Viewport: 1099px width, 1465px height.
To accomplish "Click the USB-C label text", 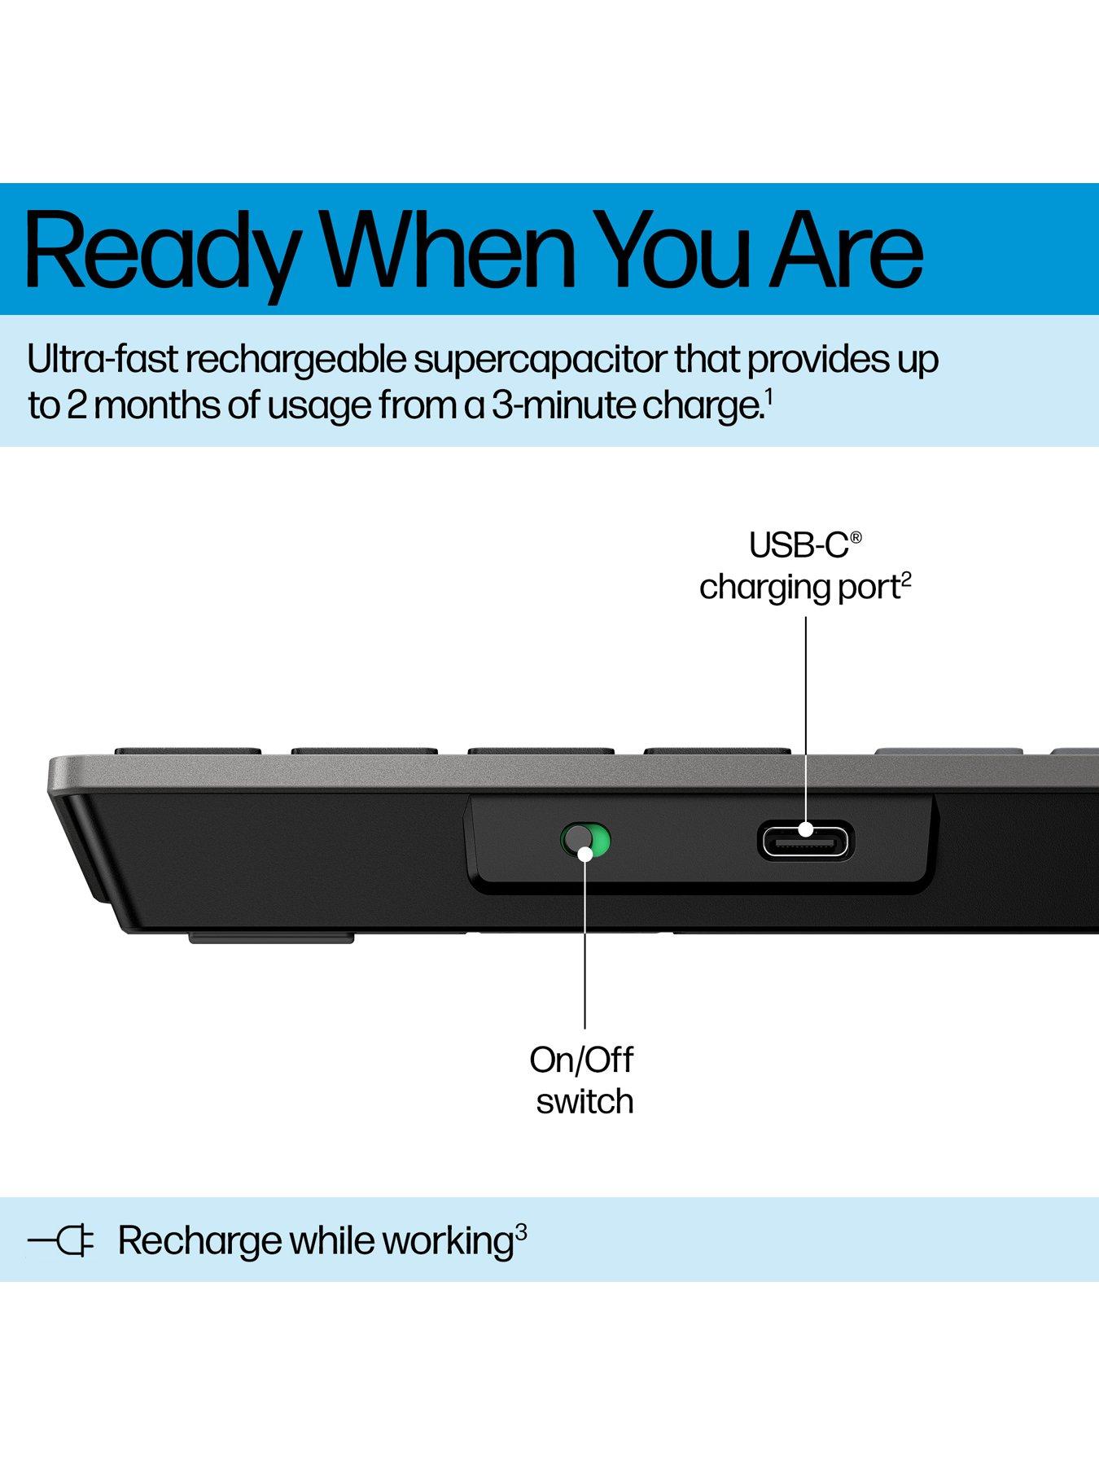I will (x=799, y=545).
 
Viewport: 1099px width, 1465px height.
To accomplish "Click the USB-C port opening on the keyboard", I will (x=805, y=842).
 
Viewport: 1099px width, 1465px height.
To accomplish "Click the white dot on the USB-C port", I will (x=806, y=829).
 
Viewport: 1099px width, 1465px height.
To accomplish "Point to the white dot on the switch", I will (x=585, y=853).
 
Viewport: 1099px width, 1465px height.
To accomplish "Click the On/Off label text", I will (x=581, y=1060).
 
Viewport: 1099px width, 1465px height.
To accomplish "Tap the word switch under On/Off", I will (x=585, y=1101).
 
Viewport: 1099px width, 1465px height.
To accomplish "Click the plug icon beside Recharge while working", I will (x=62, y=1241).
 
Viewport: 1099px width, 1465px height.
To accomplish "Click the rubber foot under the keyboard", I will (x=271, y=938).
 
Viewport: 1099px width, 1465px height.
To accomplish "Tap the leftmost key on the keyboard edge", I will (x=187, y=750).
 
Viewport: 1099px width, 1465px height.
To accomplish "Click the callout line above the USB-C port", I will (x=806, y=716).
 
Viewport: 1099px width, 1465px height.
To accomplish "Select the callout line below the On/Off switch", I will (x=585, y=944).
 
